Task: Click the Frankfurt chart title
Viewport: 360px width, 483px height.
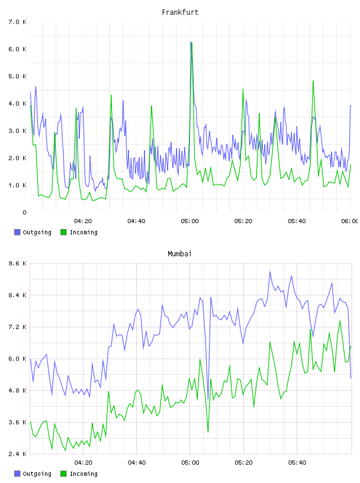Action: (x=180, y=12)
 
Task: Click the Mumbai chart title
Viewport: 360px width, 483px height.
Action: (x=179, y=253)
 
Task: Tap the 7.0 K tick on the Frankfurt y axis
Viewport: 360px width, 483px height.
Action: (x=17, y=22)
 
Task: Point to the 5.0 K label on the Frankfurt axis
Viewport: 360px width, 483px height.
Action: (x=17, y=76)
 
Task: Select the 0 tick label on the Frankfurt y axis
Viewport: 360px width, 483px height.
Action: (x=24, y=212)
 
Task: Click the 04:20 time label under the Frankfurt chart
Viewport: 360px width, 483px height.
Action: (x=83, y=221)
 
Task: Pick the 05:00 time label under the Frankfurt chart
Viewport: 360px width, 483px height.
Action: (x=189, y=221)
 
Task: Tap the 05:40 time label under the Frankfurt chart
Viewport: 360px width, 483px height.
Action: (x=297, y=221)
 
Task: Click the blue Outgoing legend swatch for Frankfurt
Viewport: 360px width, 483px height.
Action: (x=17, y=232)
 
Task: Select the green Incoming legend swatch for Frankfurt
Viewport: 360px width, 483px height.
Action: (x=63, y=232)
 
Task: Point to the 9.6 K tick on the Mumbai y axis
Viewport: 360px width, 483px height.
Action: (x=17, y=263)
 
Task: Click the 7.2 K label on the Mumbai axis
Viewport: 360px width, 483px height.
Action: (x=17, y=327)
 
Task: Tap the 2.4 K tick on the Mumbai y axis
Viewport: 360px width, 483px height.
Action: (x=17, y=454)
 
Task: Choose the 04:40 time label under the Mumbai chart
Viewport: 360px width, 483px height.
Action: (x=137, y=462)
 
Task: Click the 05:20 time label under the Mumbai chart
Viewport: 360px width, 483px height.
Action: (x=243, y=462)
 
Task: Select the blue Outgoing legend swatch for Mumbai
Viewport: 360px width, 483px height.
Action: (x=17, y=474)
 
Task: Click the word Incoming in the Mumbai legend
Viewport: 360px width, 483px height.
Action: (x=83, y=474)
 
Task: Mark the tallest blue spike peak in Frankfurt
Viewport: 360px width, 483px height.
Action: (x=191, y=42)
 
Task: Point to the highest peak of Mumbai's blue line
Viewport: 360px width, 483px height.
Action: (x=270, y=271)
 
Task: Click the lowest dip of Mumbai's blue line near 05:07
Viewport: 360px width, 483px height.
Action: (x=208, y=399)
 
